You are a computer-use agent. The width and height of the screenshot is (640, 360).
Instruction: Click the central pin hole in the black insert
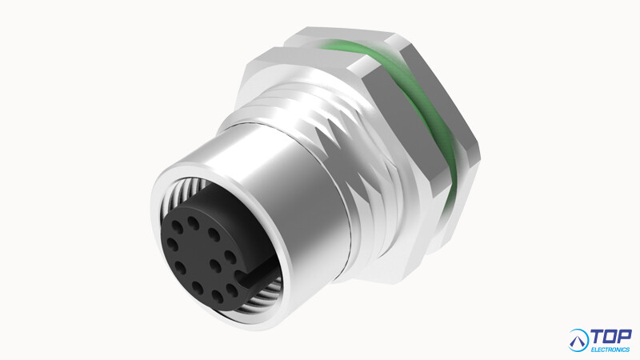(216, 266)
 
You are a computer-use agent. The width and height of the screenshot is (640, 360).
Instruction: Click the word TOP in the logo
(611, 337)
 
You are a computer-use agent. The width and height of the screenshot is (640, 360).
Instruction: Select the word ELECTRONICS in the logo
(610, 350)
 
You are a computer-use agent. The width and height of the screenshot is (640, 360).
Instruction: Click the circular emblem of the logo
(578, 340)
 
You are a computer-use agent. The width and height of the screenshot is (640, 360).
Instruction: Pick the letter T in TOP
(598, 337)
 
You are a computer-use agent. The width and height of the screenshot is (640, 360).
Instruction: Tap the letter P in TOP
(625, 337)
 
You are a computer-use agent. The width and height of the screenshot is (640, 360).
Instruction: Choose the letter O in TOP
(611, 337)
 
